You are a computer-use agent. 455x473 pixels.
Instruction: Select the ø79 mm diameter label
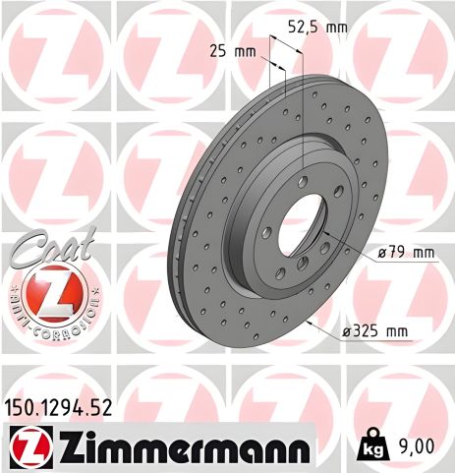[405, 253]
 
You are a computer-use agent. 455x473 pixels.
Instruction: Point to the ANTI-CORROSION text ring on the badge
[49, 317]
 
